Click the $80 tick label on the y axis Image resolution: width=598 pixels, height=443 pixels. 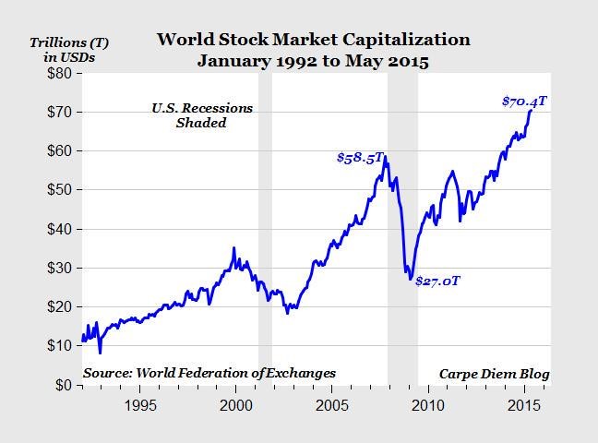click(58, 73)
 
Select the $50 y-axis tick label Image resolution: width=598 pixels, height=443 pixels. click(58, 189)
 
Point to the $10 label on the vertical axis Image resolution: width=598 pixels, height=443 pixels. click(58, 345)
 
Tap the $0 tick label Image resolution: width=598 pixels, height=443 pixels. click(62, 384)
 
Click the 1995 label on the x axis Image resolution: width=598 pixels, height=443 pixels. click(139, 405)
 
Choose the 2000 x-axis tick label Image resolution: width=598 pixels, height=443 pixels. click(236, 405)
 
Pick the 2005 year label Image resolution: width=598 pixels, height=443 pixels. click(332, 405)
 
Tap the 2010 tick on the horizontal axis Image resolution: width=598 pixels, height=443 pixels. click(428, 405)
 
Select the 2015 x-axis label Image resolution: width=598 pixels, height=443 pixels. click(524, 405)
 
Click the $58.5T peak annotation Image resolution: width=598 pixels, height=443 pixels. click(360, 158)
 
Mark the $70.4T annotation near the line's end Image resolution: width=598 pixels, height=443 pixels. click(524, 101)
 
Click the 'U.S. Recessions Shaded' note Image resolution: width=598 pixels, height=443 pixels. click(201, 115)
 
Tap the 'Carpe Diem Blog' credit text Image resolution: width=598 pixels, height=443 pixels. click(494, 374)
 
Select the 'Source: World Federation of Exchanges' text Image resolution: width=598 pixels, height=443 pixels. click(209, 374)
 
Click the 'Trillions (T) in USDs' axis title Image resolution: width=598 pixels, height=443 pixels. click(63, 50)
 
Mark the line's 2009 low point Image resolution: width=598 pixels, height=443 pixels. click(411, 278)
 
